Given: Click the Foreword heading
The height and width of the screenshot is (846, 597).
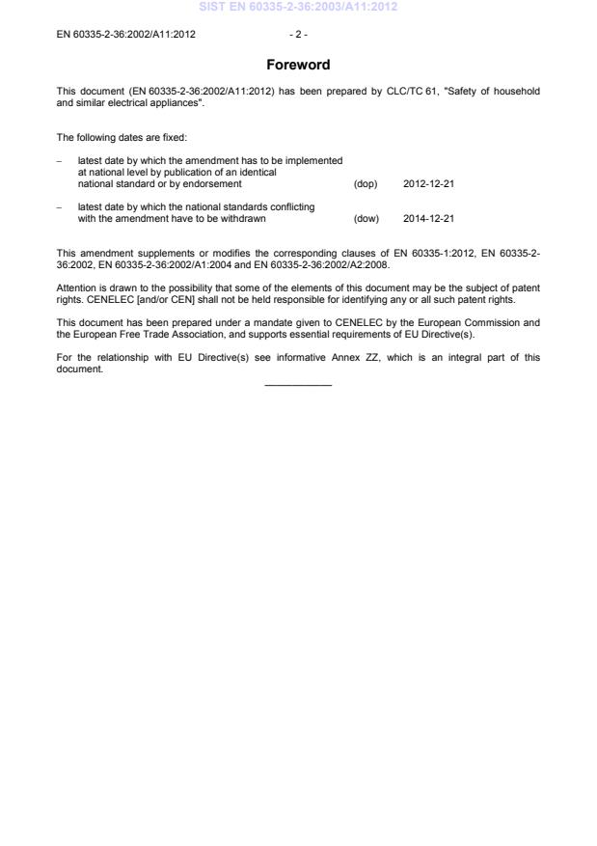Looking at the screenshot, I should (x=298, y=66).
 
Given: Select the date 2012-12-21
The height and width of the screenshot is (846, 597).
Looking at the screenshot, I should (x=428, y=182).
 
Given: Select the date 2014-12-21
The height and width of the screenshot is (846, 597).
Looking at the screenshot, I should (x=428, y=218).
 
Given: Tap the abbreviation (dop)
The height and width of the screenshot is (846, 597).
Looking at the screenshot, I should (x=366, y=182).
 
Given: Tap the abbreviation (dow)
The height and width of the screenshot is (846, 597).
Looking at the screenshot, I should (x=366, y=218).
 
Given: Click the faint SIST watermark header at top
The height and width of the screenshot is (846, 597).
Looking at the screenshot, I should (x=298, y=8).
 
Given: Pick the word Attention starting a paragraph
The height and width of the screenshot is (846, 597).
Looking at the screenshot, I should (x=76, y=287).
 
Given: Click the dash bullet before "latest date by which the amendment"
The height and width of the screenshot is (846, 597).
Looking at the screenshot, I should (x=61, y=160).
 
